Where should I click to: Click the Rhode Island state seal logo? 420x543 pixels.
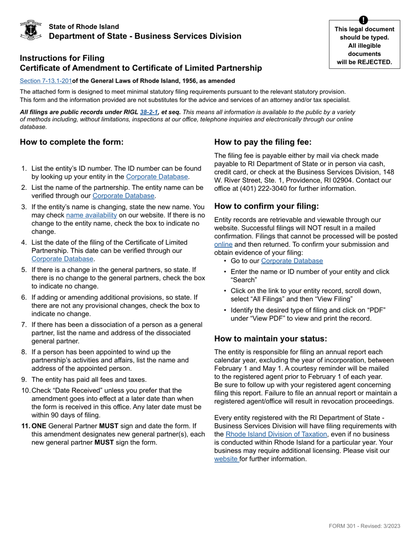tap(31, 30)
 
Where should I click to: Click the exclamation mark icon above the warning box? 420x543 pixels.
tap(363, 20)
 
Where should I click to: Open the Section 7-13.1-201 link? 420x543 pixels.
tap(46, 81)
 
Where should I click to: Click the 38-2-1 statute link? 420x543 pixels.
tap(149, 112)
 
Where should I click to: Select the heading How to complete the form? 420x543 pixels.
tap(72, 142)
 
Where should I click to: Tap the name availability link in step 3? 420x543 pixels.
tap(92, 215)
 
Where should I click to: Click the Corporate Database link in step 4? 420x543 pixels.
tap(62, 259)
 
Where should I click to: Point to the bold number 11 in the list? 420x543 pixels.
tap(26, 426)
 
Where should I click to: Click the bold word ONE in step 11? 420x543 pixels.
tap(39, 426)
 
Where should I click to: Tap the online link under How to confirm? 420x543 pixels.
tap(223, 245)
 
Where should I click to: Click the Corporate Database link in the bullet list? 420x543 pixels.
tap(292, 261)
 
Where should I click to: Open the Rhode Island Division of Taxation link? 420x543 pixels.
tap(276, 434)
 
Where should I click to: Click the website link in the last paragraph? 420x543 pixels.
tap(226, 459)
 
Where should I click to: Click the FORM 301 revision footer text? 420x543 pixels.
tap(364, 526)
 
